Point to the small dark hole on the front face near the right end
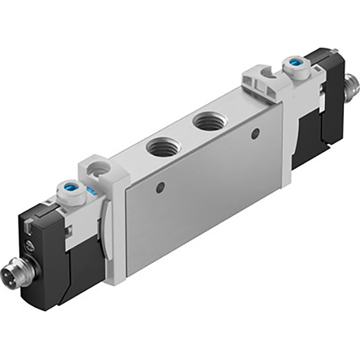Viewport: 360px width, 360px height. (255, 132)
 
